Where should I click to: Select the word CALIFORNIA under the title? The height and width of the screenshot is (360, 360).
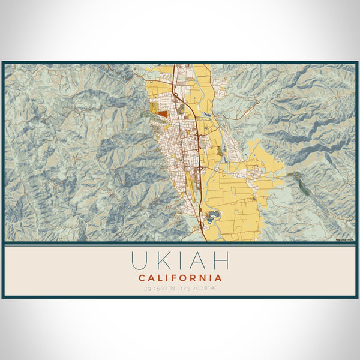point(180,278)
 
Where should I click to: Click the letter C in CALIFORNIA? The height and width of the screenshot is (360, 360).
point(142,278)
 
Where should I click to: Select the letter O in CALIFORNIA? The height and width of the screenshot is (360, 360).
point(185,278)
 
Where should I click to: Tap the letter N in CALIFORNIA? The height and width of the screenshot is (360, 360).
point(205,278)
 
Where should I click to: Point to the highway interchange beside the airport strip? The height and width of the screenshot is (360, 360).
point(199,169)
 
